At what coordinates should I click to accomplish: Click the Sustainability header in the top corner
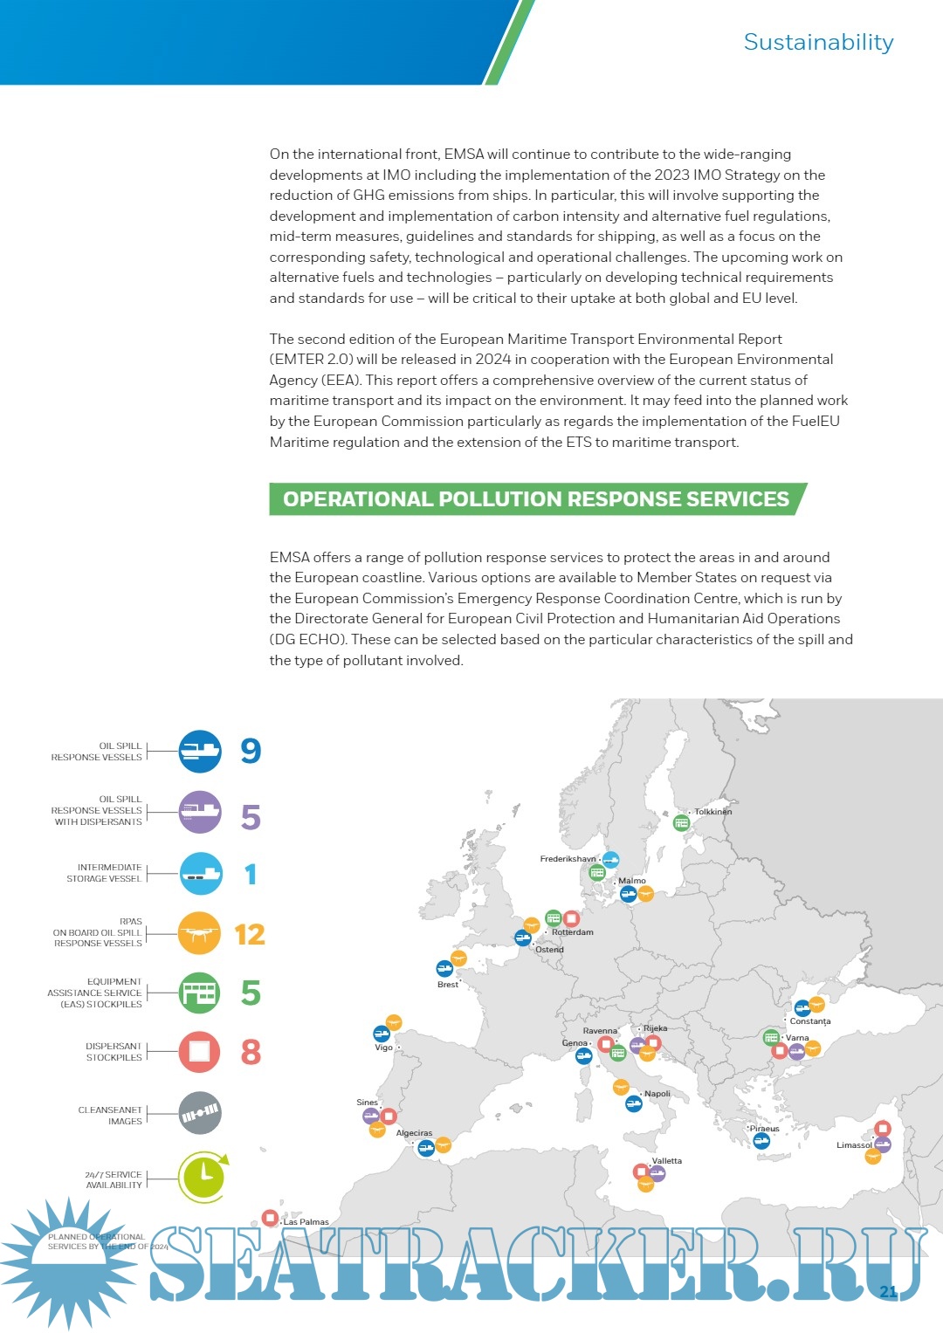tap(818, 42)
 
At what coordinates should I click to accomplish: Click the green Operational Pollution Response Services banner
tap(536, 499)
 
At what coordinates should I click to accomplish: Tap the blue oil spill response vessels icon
tap(200, 751)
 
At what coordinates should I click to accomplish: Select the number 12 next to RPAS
tap(250, 935)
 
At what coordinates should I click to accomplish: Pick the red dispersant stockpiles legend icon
tap(199, 1052)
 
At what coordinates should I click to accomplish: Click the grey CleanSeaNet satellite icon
tap(200, 1113)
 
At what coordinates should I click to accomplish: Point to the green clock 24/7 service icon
tap(203, 1177)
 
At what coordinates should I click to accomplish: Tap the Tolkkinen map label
tap(713, 812)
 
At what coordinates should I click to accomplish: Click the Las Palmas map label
tap(306, 1222)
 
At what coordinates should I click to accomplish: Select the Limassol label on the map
tap(853, 1145)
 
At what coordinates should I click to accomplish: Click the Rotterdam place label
tap(573, 932)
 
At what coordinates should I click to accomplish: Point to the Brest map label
tap(447, 985)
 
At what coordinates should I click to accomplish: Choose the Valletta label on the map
tap(667, 1161)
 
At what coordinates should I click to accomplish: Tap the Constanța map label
tap(810, 1021)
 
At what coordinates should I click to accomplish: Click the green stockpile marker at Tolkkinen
tap(682, 822)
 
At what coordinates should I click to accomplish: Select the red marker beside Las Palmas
tap(270, 1218)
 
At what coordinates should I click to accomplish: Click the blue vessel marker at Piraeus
tap(761, 1141)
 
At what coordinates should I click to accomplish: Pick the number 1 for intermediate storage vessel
tap(251, 875)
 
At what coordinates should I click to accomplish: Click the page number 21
tap(888, 1292)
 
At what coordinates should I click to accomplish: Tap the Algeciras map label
tap(414, 1133)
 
